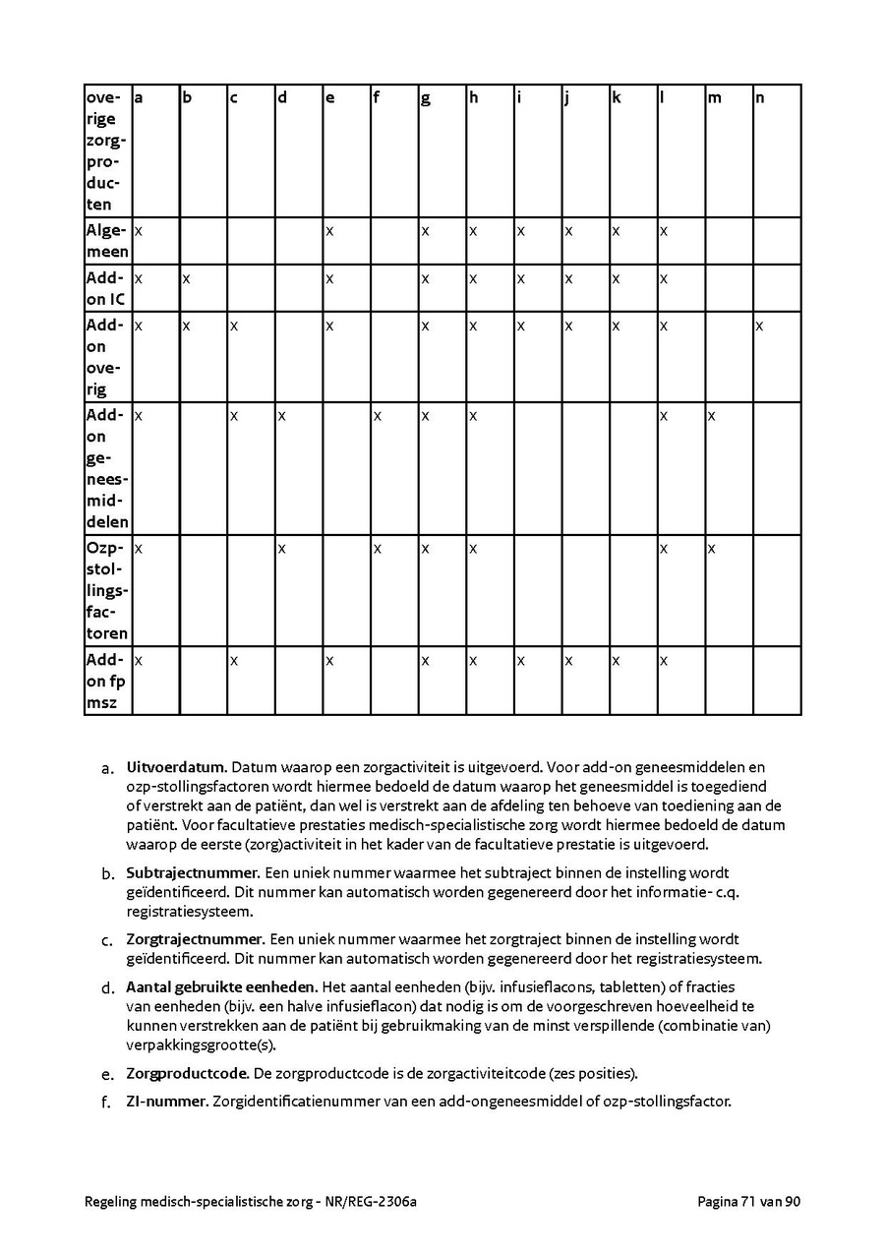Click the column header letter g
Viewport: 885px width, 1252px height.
426,98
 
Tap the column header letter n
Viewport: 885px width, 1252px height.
760,98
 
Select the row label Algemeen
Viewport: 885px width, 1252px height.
106,241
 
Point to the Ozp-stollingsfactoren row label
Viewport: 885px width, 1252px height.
106,590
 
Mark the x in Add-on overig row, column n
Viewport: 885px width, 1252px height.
759,326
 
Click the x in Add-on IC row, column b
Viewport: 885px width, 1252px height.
186,278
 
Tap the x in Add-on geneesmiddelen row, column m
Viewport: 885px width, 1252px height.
712,416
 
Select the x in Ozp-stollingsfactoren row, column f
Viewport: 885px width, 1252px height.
377,548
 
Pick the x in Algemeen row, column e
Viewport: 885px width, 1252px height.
329,231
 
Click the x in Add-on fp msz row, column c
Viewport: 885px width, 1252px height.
234,660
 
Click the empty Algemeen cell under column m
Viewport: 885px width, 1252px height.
729,241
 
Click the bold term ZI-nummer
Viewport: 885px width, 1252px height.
166,1102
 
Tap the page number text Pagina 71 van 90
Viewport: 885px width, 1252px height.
748,1201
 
